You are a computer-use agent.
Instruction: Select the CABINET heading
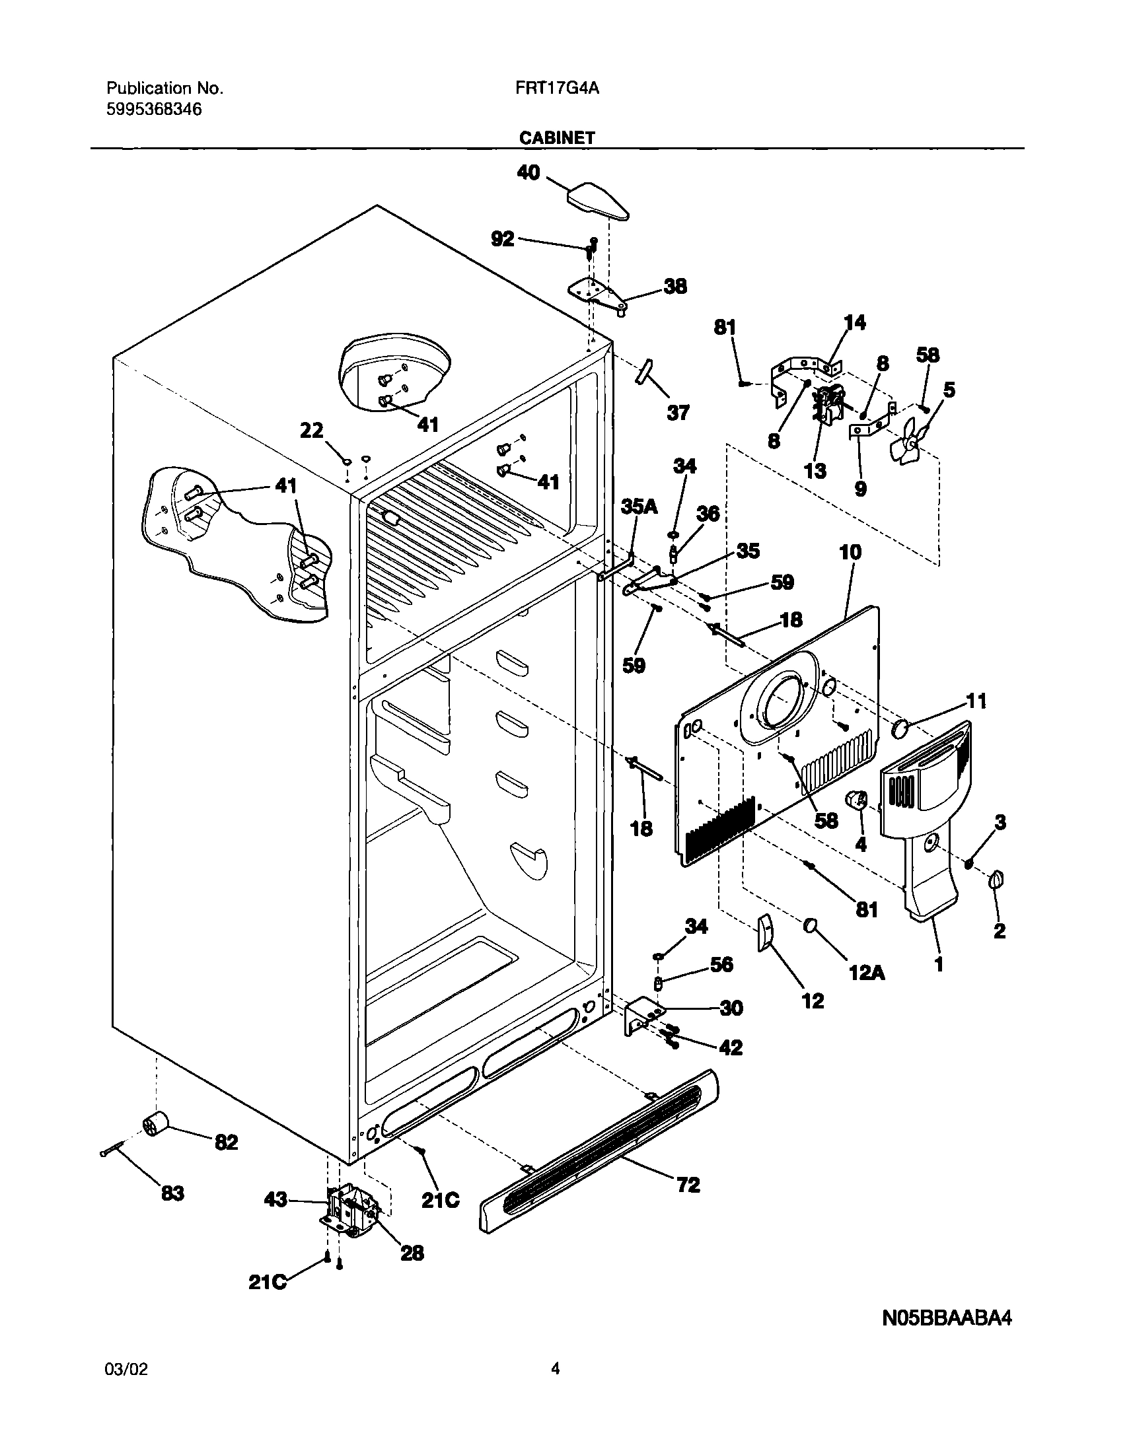point(557,137)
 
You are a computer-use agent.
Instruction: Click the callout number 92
point(503,238)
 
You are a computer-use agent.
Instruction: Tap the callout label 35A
point(639,507)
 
